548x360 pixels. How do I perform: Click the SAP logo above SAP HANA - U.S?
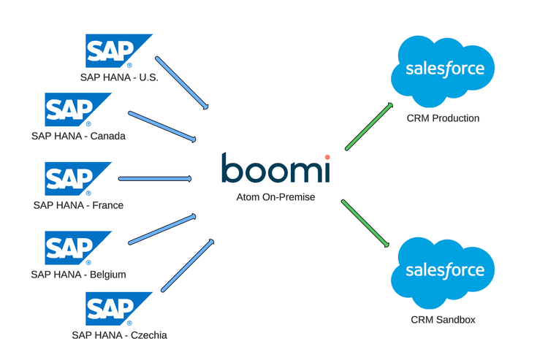click(117, 50)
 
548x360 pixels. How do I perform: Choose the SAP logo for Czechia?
click(117, 309)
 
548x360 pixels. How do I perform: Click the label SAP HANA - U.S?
click(119, 76)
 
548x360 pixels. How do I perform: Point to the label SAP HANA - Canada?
click(78, 136)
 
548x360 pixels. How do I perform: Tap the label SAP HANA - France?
click(78, 205)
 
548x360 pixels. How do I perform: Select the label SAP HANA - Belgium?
click(78, 275)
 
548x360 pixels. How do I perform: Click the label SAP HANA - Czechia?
click(119, 335)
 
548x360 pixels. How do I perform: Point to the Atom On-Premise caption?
click(275, 196)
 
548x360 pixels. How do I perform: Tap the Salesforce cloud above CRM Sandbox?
click(444, 271)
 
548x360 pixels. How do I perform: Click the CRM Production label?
click(444, 118)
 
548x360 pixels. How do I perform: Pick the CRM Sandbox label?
click(444, 320)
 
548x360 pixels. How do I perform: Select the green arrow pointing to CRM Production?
click(370, 126)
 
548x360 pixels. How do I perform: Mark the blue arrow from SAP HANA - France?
click(154, 178)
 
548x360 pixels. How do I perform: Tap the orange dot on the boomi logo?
click(327, 156)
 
